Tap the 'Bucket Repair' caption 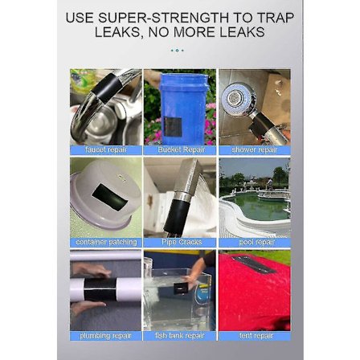[180, 149]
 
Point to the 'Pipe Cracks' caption [180, 240]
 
